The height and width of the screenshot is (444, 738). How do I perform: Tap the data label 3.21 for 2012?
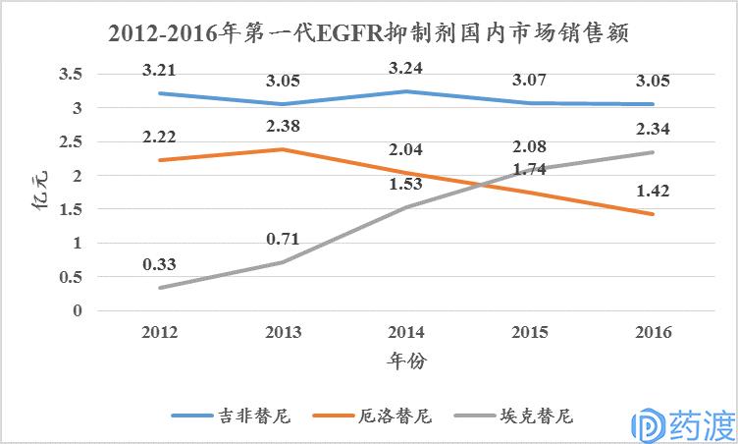[161, 71]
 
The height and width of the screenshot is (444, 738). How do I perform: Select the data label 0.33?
[161, 264]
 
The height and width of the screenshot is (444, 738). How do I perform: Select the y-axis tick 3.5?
[70, 74]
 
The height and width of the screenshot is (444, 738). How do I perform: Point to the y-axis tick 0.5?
[70, 277]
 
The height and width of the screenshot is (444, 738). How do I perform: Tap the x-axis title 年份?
[405, 361]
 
